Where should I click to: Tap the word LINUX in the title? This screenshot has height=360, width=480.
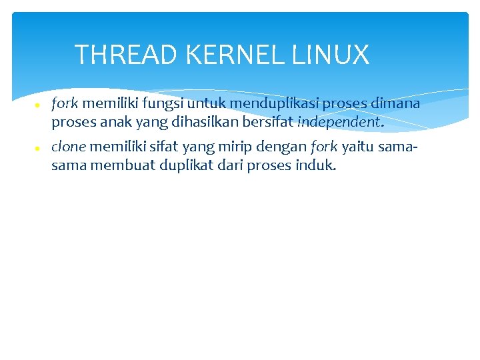(331, 55)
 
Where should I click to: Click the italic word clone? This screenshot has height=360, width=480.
(68, 147)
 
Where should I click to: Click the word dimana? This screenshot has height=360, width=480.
(395, 104)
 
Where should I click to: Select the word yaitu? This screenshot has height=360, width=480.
(358, 147)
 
